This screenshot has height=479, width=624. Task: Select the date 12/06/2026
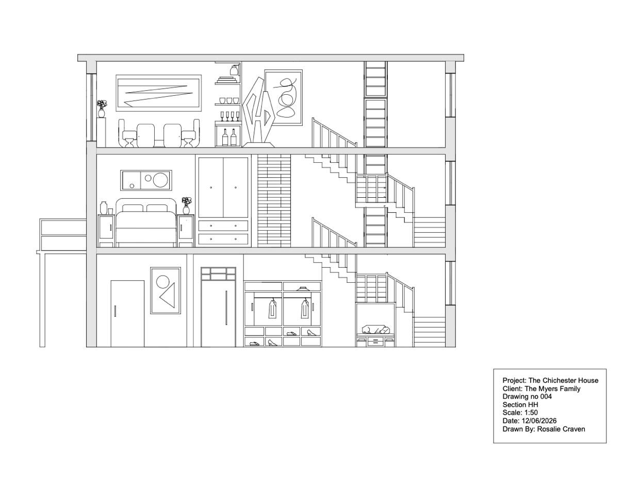pyautogui.click(x=539, y=421)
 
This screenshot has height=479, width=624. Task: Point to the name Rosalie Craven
pyautogui.click(x=561, y=429)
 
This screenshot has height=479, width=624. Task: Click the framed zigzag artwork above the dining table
pyautogui.click(x=158, y=93)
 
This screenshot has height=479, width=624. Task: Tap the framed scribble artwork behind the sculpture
pyautogui.click(x=284, y=97)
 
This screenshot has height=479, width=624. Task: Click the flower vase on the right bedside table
pyautogui.click(x=186, y=206)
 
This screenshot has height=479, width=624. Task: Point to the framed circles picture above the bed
pyautogui.click(x=146, y=180)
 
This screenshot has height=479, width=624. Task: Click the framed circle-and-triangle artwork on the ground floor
pyautogui.click(x=166, y=290)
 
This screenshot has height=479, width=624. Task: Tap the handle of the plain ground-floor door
pyautogui.click(x=115, y=311)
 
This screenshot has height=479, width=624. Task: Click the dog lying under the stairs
pyautogui.click(x=375, y=329)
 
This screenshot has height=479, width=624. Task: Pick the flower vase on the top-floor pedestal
pyautogui.click(x=102, y=109)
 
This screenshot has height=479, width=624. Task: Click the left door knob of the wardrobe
pyautogui.click(x=211, y=187)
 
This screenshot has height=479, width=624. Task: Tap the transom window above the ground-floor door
pyautogui.click(x=219, y=274)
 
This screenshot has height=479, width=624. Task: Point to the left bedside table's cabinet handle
pyautogui.click(x=110, y=228)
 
